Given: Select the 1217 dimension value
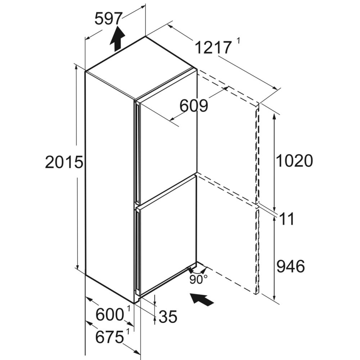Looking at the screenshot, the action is click(x=213, y=48).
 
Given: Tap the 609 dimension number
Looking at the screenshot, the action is click(x=194, y=106).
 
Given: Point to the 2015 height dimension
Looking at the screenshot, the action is click(x=64, y=162).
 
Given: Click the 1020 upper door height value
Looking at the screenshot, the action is click(x=294, y=161).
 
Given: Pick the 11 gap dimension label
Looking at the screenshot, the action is click(x=287, y=219).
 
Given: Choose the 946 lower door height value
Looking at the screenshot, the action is click(x=291, y=266).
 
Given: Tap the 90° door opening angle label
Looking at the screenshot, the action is click(x=198, y=279).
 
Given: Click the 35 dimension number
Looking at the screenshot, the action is click(x=168, y=317).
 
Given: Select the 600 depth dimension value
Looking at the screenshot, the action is click(x=109, y=315).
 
